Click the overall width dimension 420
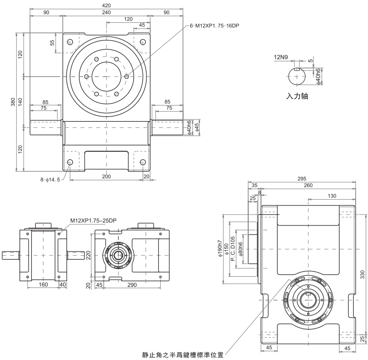coord(107,5)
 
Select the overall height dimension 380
coord(13,102)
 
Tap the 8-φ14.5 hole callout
coord(50,179)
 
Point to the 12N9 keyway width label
coord(281,57)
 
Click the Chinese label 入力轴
coord(297,96)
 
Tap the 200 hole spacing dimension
coord(107,176)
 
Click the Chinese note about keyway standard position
coord(183,354)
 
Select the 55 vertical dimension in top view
coord(52,42)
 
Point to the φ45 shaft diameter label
coord(196,127)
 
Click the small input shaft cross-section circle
coord(298,75)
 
